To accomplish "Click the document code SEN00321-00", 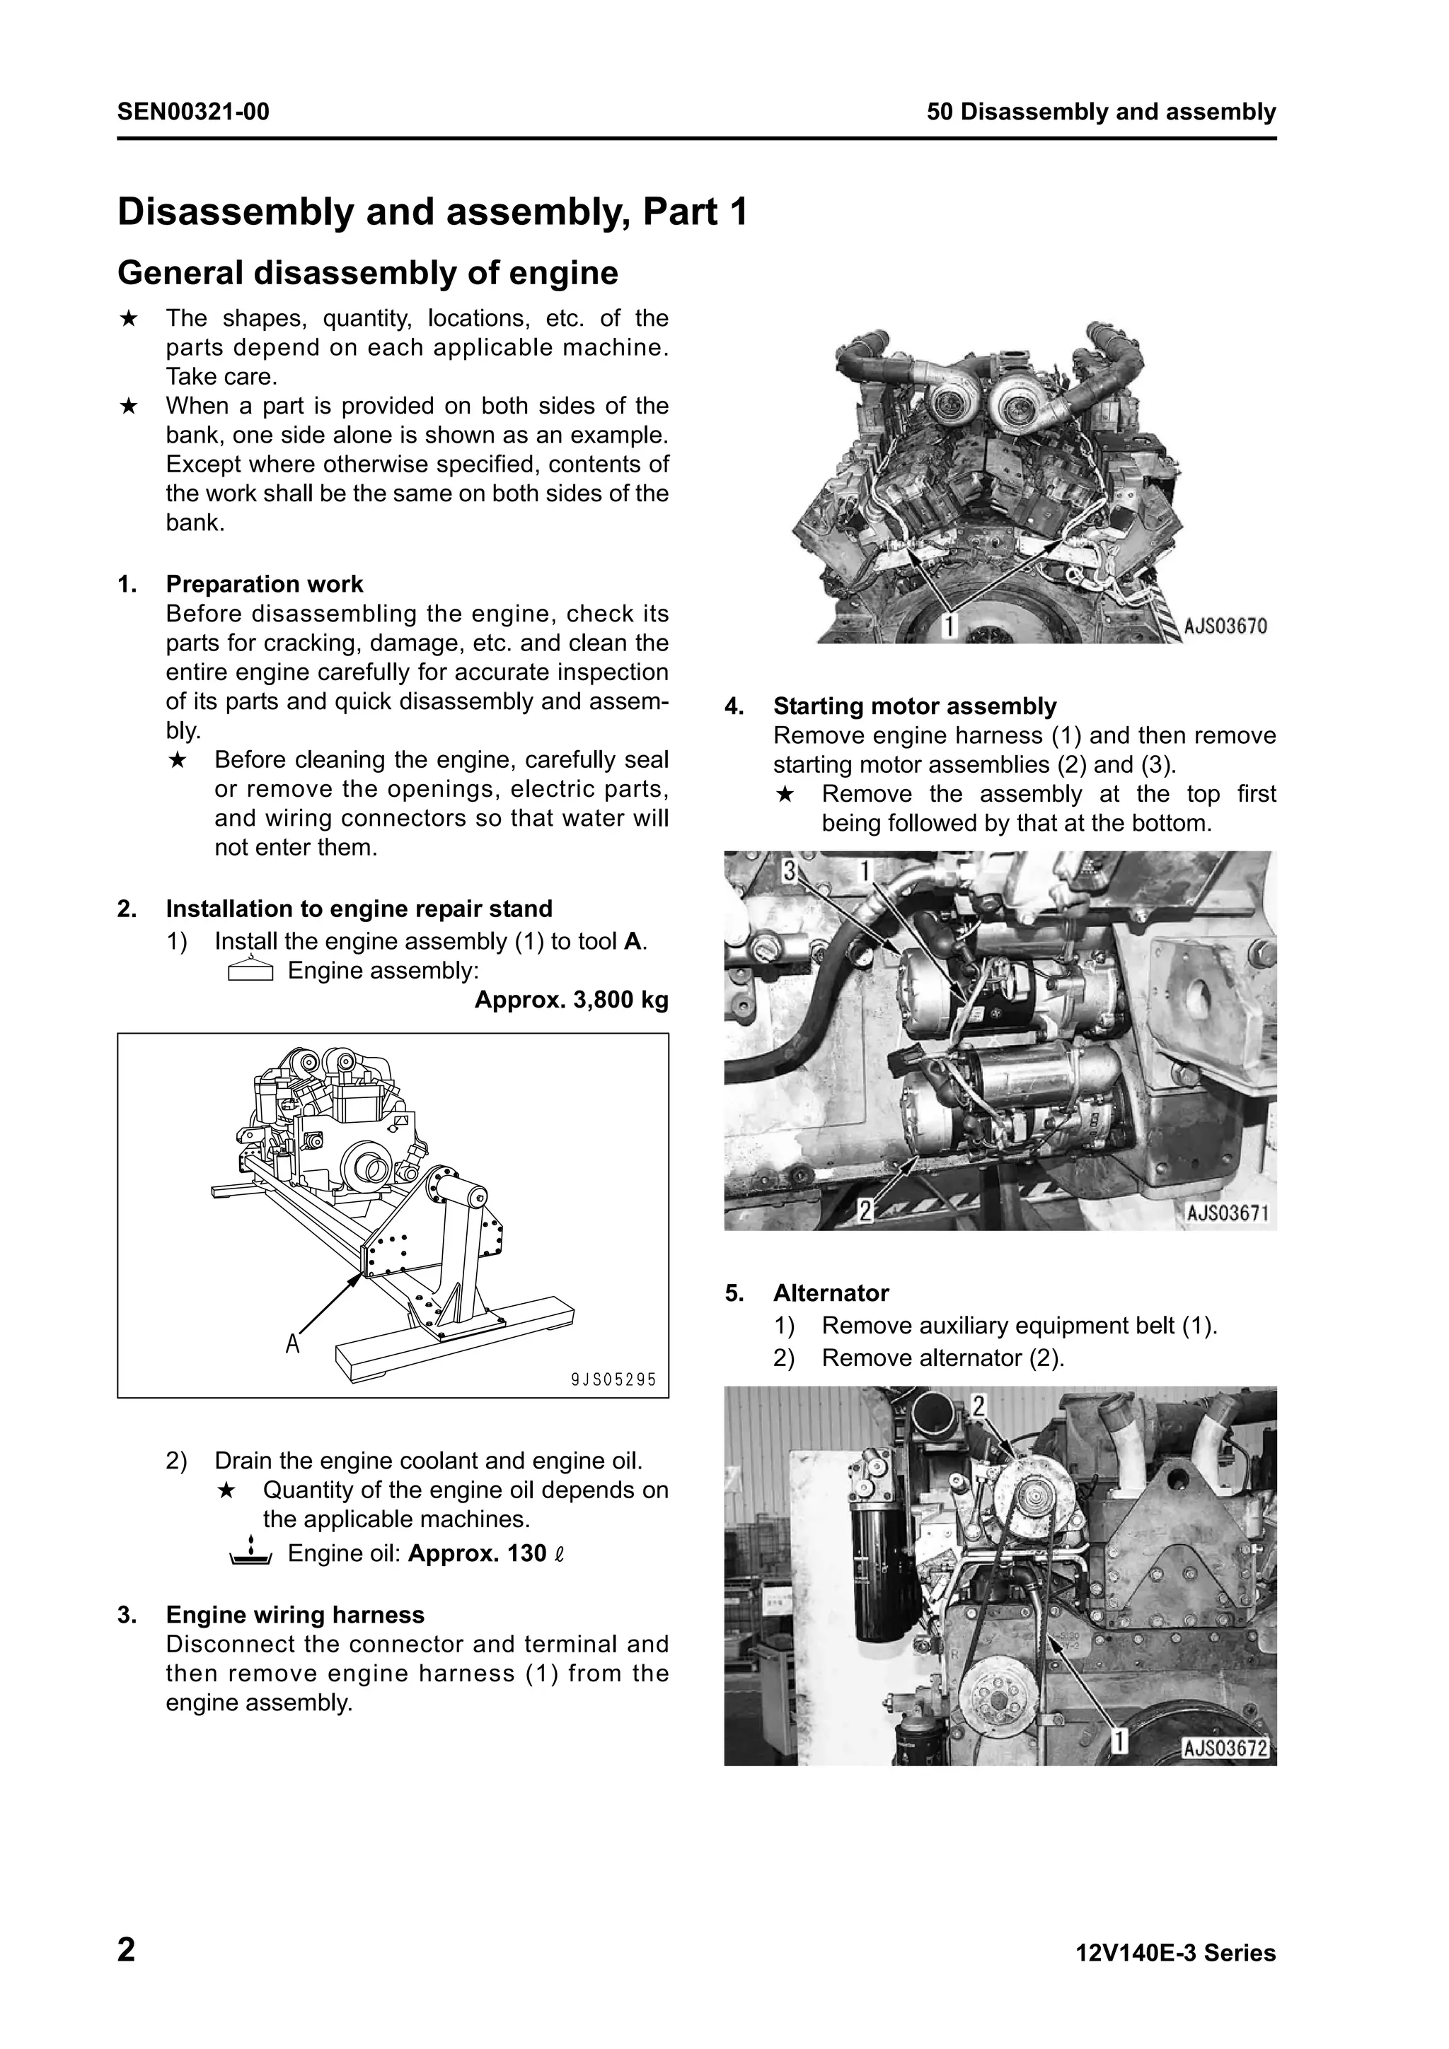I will click(193, 112).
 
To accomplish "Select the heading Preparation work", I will click(265, 585).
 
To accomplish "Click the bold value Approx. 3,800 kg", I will click(572, 1000).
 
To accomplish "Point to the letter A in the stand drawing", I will click(292, 1343).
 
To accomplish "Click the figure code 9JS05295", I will click(613, 1379).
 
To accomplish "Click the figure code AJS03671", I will click(1228, 1213).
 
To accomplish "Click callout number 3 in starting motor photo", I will click(789, 871).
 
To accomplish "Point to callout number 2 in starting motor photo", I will click(864, 1211).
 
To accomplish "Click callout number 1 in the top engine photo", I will click(950, 626).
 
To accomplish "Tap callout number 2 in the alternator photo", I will click(978, 1407).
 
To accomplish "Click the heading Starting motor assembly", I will click(914, 707).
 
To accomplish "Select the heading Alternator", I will click(831, 1293).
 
